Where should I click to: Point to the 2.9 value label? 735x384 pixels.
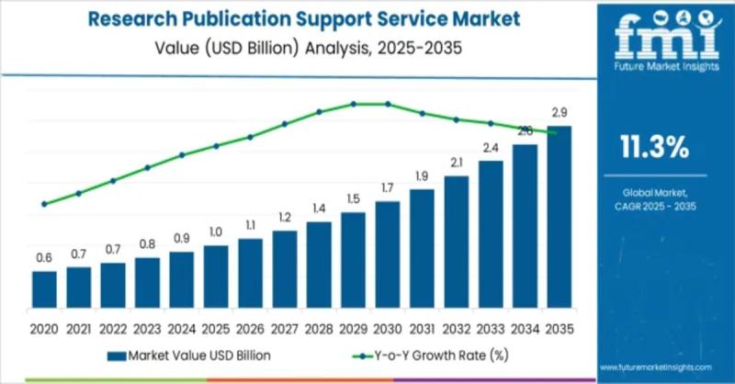point(559,113)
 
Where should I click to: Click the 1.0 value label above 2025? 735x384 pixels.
point(216,232)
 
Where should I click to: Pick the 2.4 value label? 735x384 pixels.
point(491,148)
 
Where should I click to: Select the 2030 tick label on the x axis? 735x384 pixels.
point(388,328)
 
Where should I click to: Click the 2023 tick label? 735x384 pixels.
point(147,328)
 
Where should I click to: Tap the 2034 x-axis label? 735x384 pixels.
point(525,328)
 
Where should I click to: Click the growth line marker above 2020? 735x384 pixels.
point(44,204)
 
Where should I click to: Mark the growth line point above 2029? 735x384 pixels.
point(354,104)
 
